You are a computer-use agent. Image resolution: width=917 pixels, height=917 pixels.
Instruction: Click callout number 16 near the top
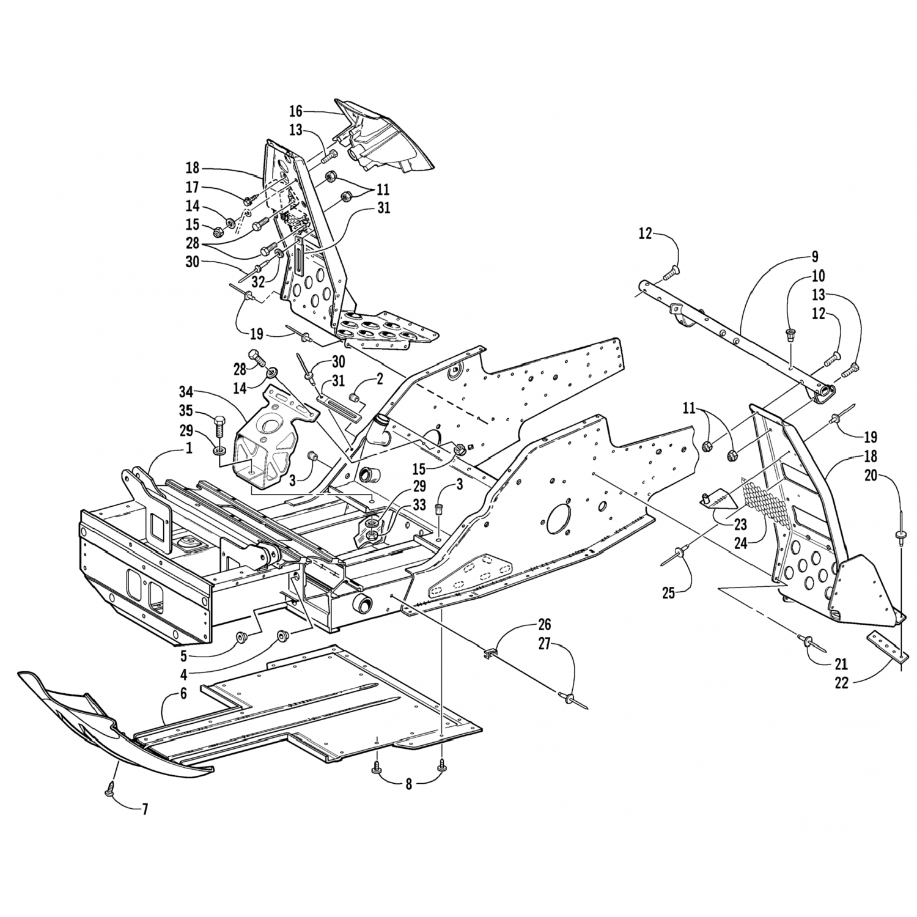pyautogui.click(x=296, y=111)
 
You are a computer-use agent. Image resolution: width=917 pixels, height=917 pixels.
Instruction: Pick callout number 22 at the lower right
pyautogui.click(x=842, y=683)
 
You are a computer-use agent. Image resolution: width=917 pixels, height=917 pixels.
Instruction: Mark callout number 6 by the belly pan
pyautogui.click(x=183, y=693)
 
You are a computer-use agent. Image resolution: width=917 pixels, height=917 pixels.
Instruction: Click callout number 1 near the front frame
pyautogui.click(x=189, y=448)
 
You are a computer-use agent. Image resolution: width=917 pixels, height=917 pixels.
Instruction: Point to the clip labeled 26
pyautogui.click(x=490, y=655)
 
